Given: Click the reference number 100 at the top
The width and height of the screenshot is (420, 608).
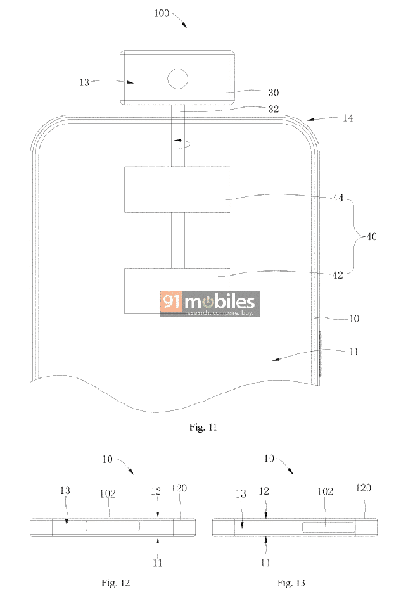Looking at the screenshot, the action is tap(162, 13).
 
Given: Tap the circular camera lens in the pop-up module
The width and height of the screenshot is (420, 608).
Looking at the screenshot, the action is tap(177, 79).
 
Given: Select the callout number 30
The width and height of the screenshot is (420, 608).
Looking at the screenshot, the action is tap(274, 92).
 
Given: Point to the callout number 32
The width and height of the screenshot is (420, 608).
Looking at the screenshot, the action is tap(274, 109).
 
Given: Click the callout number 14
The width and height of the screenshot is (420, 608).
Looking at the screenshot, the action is tap(348, 118).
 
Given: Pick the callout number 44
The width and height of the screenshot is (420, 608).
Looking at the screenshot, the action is tap(338, 198).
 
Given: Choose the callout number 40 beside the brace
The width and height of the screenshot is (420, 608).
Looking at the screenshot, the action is tap(371, 236).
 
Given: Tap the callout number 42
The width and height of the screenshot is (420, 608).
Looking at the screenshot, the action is tap(338, 275).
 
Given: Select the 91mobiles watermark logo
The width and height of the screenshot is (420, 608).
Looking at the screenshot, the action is tap(210, 303).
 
